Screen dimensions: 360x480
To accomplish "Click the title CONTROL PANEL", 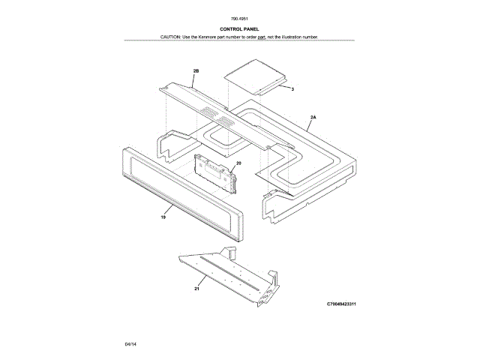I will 240,28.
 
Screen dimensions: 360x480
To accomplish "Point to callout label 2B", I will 196,70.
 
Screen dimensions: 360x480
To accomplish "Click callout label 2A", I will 313,118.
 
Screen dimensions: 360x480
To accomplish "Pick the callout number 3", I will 292,89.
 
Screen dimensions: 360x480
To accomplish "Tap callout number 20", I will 238,163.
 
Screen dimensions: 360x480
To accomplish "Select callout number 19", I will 163,217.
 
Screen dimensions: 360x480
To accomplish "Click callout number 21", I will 196,288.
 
